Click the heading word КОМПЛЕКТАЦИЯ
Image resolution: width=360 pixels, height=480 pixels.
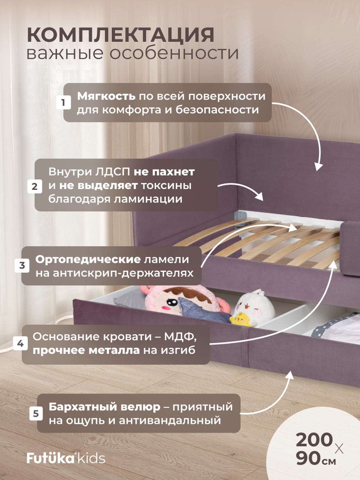121,35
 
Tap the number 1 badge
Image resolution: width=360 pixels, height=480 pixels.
63,103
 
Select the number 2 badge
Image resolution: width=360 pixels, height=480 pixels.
35,186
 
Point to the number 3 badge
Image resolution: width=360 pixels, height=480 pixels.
22,265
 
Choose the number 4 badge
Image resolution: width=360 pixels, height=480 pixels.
21,344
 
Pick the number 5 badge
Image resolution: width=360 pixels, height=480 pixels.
36,413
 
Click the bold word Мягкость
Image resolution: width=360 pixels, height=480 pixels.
106,96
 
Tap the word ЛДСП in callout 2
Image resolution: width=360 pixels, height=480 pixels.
113,172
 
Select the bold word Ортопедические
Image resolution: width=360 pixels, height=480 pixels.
88,259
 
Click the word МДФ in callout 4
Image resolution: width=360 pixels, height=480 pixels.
180,337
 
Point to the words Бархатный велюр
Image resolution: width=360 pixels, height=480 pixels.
104,407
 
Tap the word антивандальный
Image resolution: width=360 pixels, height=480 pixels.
170,420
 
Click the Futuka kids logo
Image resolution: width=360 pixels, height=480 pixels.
66,458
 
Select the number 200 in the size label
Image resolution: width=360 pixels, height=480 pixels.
314,440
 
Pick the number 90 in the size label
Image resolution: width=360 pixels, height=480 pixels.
308,458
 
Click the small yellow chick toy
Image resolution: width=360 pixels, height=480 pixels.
239,319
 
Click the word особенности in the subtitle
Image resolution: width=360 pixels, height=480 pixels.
174,53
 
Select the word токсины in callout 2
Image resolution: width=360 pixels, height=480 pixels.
166,185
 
